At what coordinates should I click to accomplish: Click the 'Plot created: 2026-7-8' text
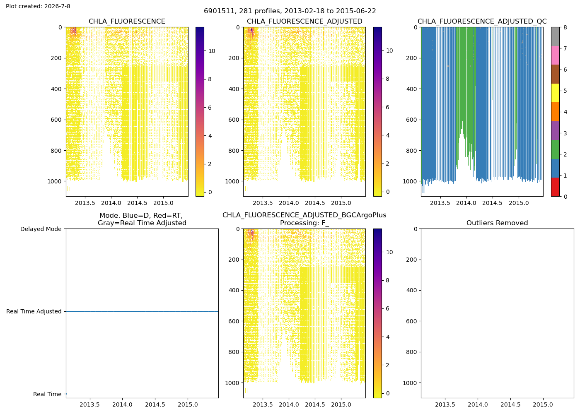click(x=38, y=6)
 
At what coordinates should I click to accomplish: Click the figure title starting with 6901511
click(x=290, y=11)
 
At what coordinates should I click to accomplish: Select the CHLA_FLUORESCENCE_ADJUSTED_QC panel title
click(x=482, y=21)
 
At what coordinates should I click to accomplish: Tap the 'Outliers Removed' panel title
click(x=497, y=223)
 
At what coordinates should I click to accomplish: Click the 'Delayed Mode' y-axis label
click(x=41, y=229)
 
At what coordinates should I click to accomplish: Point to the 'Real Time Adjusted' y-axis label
click(x=34, y=311)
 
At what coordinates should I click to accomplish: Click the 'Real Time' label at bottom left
click(x=47, y=394)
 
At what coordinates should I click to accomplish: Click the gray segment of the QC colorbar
click(x=555, y=36)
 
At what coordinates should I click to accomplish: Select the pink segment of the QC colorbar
click(x=555, y=55)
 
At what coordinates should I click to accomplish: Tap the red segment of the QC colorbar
click(x=555, y=187)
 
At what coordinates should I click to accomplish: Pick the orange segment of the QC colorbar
click(x=555, y=112)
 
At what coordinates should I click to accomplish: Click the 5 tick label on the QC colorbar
click(x=565, y=91)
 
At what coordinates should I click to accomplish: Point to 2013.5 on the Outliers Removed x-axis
click(x=445, y=404)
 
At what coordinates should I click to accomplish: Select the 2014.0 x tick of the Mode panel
click(x=122, y=404)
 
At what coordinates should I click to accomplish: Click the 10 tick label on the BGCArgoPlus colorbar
click(x=389, y=252)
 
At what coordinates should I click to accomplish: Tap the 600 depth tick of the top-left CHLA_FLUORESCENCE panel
click(x=56, y=120)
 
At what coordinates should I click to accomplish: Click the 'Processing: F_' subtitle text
click(x=304, y=223)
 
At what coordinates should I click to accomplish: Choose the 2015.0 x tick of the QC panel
click(x=519, y=203)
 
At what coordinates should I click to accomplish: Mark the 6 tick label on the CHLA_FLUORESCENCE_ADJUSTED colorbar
click(x=387, y=107)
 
